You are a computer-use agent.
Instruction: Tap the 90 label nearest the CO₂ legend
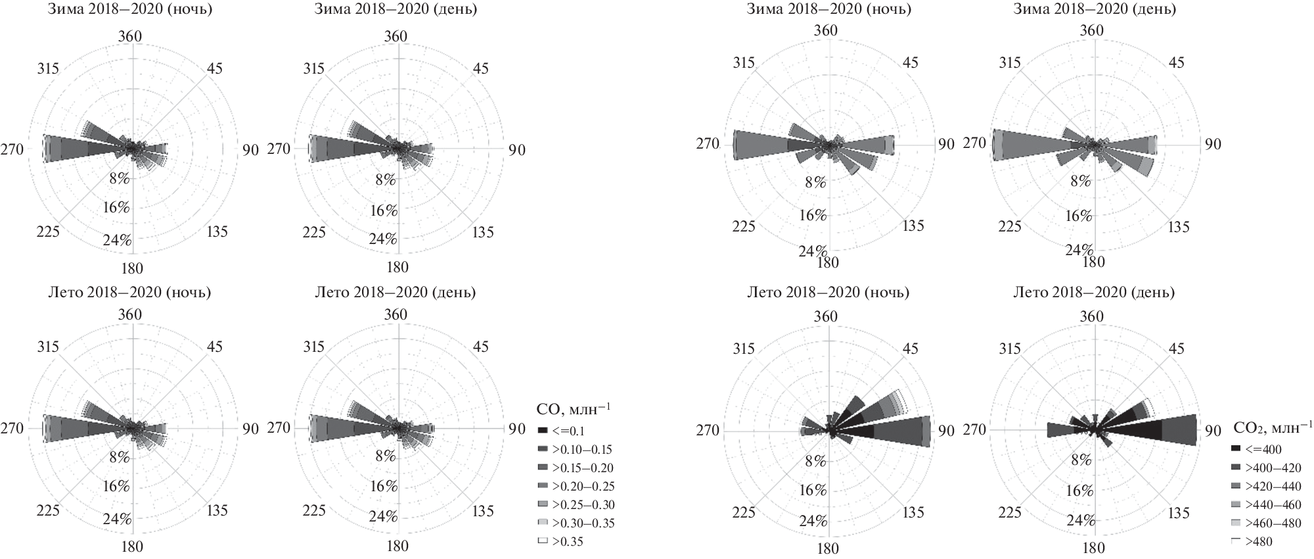point(1213,431)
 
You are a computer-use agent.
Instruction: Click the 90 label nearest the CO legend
point(517,429)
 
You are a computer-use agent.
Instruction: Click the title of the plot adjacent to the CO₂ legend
point(1094,292)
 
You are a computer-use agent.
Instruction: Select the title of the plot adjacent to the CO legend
point(396,292)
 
